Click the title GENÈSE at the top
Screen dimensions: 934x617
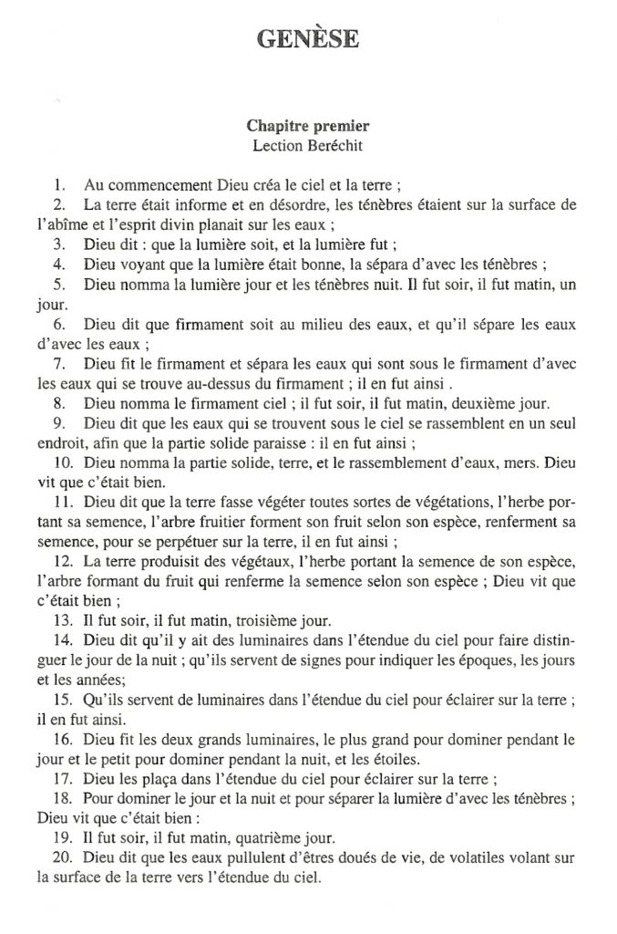pos(307,37)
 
